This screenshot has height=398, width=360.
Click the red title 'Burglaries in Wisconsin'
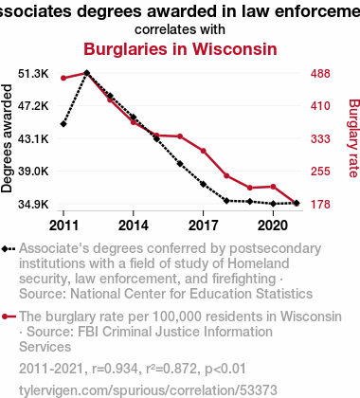(x=180, y=49)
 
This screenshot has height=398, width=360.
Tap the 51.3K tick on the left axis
(x=33, y=74)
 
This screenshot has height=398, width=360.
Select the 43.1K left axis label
(x=33, y=138)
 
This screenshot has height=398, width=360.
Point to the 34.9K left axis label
(x=33, y=204)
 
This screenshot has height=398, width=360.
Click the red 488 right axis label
(x=320, y=74)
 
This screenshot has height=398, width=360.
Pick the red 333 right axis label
(x=320, y=138)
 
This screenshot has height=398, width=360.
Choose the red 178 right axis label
(x=320, y=204)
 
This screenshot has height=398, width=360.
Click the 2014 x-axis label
(x=134, y=226)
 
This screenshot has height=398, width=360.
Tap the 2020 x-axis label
(x=273, y=226)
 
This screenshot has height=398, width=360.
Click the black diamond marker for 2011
(x=63, y=124)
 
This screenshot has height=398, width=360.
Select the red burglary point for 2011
(x=63, y=78)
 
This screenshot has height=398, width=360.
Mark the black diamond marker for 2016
(x=180, y=164)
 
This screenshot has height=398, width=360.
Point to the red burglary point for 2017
(x=204, y=151)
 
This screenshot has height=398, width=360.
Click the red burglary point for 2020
(x=273, y=187)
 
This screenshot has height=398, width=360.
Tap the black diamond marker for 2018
(x=226, y=201)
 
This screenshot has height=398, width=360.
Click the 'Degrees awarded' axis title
(x=7, y=138)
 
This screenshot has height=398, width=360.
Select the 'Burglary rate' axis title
(x=353, y=138)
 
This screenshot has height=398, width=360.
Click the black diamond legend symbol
(x=9, y=249)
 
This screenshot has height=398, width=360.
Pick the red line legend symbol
(x=9, y=317)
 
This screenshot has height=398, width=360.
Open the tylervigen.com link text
(x=148, y=390)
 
